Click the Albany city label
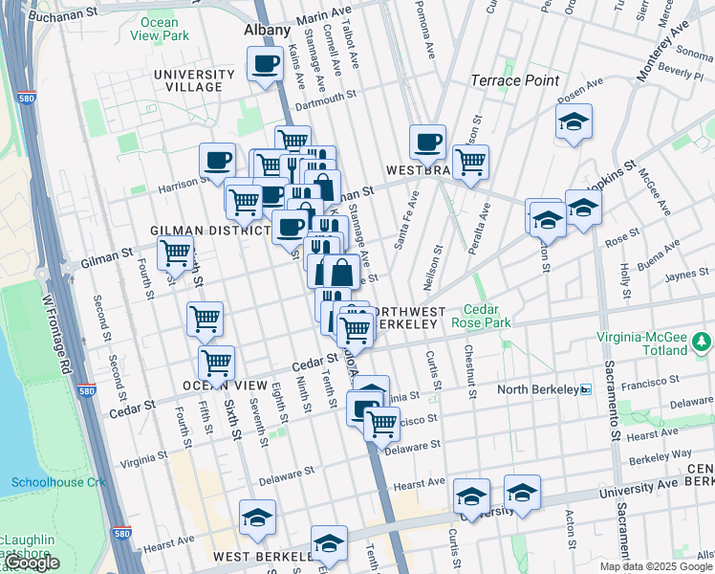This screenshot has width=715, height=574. (267, 30)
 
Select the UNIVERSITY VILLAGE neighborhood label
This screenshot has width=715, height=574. (194, 80)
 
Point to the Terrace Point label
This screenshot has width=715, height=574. (515, 80)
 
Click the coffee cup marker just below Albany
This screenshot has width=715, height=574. (265, 65)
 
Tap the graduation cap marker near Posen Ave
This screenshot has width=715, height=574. (574, 121)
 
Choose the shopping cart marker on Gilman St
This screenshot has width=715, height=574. (175, 254)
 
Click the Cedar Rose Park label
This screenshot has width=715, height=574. (488, 317)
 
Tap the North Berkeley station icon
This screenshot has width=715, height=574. (586, 389)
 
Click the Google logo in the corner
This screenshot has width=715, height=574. (32, 563)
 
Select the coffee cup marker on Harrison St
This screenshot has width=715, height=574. (218, 160)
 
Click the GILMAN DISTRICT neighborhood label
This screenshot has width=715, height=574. (209, 232)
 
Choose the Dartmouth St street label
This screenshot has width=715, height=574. (325, 96)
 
